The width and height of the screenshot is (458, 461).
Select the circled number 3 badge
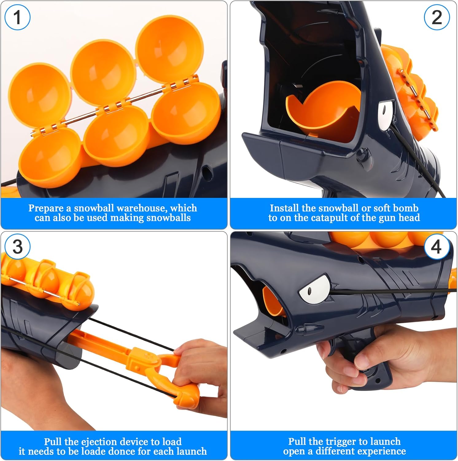point(17,247)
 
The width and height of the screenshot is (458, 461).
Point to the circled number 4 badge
point(437,247)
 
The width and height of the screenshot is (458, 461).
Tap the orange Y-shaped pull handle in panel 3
point(172,378)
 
